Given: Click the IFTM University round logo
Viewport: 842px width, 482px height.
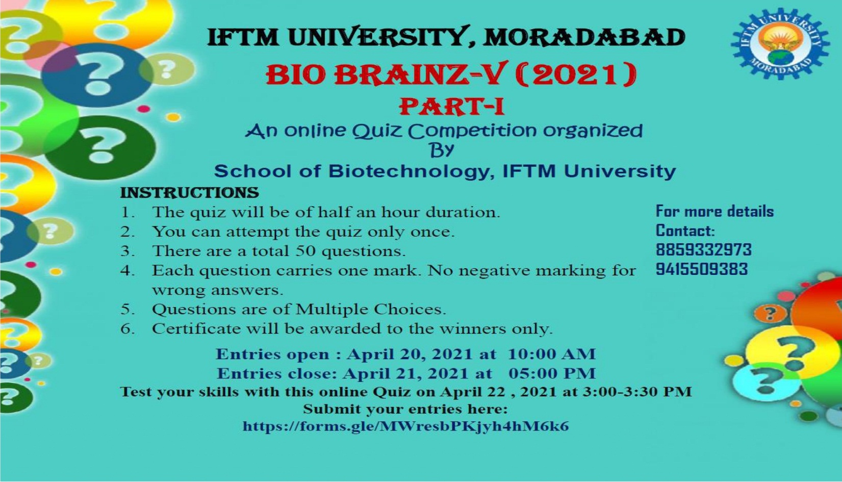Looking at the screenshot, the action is [x=780, y=44].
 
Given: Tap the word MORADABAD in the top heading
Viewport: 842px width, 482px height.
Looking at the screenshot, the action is [x=584, y=38].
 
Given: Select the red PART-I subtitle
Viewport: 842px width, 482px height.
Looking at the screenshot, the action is [x=451, y=107].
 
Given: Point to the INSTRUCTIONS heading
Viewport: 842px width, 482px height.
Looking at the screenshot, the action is [x=189, y=193].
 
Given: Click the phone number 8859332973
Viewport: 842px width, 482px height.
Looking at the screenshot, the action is [x=704, y=249].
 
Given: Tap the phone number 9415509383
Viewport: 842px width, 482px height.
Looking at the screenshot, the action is [x=702, y=269].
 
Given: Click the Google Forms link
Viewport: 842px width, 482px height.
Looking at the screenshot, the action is [x=405, y=426].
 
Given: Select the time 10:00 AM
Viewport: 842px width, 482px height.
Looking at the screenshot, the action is [x=552, y=354].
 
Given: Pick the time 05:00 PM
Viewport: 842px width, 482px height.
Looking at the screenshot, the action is [x=552, y=373].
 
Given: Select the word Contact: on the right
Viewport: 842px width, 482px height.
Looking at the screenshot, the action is [x=685, y=231].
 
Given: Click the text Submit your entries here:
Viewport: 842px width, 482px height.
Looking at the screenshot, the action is [x=405, y=409].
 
